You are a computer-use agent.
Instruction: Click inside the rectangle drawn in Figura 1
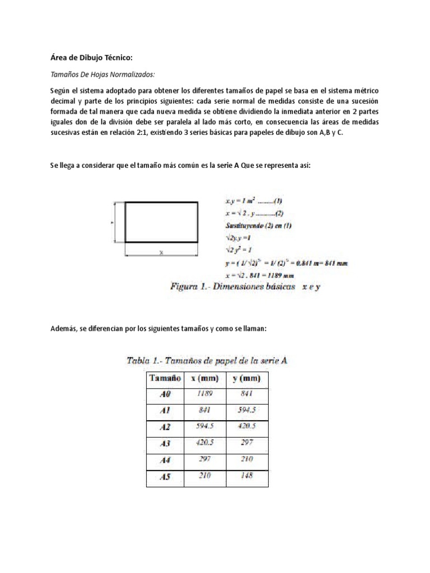(x=161, y=222)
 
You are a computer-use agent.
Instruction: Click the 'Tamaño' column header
(x=164, y=379)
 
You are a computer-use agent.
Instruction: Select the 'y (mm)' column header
(x=247, y=379)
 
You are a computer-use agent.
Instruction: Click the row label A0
(x=164, y=394)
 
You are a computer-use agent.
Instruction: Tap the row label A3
(x=164, y=444)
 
